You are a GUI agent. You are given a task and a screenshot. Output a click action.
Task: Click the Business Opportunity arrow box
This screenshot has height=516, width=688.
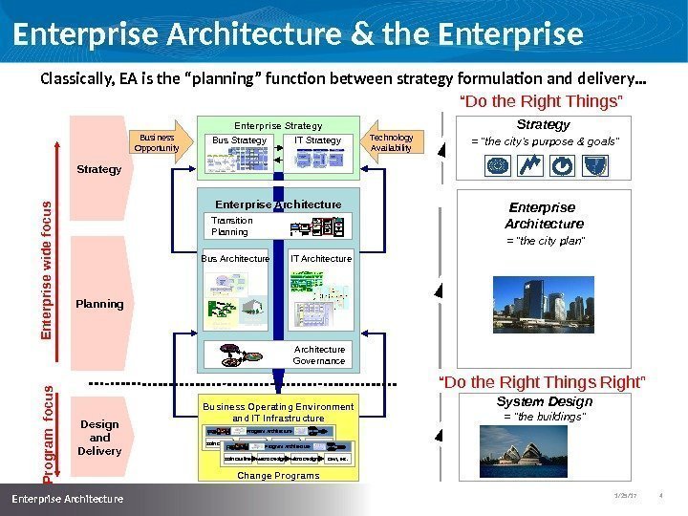tap(158, 142)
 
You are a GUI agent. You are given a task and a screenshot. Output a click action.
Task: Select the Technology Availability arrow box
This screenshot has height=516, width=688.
tap(391, 142)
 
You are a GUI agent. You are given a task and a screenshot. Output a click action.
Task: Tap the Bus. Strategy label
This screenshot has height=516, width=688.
tap(239, 140)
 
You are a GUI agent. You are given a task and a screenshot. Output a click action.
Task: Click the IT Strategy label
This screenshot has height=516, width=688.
tap(317, 140)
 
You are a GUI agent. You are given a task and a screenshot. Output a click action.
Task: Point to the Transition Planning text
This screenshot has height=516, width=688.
tap(231, 226)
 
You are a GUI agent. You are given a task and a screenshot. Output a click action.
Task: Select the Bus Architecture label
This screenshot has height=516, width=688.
tap(236, 258)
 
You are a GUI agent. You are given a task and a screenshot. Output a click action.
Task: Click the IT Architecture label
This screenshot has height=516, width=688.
tap(320, 258)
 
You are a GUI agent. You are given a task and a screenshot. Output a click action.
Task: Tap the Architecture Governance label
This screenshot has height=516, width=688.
tap(319, 355)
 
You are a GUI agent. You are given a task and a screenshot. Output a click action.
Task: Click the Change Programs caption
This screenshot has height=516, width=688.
tap(279, 475)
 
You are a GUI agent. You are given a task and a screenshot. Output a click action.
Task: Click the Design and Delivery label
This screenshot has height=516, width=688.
tap(99, 438)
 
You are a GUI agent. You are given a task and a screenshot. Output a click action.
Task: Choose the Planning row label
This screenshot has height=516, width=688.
tap(99, 304)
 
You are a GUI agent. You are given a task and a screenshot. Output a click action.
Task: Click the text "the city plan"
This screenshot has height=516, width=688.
tap(544, 241)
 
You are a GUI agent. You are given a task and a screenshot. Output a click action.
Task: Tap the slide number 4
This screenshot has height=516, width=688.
tap(661, 495)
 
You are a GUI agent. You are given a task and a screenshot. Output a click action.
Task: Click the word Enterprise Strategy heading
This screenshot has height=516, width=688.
tap(278, 125)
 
